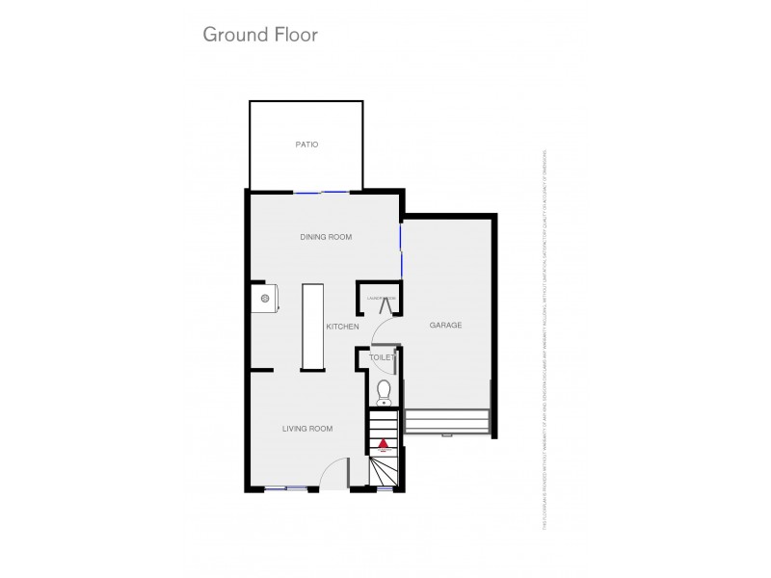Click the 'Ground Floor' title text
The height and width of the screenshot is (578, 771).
click(259, 35)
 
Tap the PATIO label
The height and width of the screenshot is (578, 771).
click(306, 144)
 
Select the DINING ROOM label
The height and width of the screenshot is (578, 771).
click(325, 236)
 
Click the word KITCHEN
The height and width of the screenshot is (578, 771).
click(342, 328)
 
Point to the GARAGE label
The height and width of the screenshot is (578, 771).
click(446, 326)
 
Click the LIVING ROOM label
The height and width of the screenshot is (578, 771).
click(307, 429)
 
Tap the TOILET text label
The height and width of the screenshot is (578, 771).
click(383, 357)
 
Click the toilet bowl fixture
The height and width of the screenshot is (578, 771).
click(384, 390)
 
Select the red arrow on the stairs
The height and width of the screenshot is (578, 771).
click(384, 445)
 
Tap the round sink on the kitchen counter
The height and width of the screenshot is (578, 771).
click(261, 299)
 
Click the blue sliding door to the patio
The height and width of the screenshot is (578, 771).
click(322, 193)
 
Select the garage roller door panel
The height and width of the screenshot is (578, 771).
click(448, 421)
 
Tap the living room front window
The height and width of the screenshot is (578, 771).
click(285, 489)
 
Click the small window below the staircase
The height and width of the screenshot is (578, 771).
click(384, 489)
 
